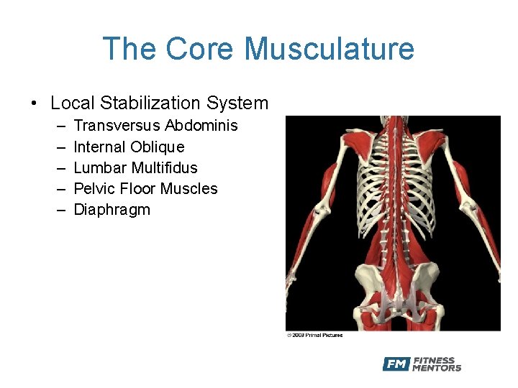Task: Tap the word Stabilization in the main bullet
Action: pyautogui.click(x=152, y=103)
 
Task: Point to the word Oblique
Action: pyautogui.click(x=158, y=147)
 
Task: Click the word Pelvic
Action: pyautogui.click(x=94, y=188)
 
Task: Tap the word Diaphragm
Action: pyautogui.click(x=112, y=210)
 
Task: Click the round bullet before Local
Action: pyautogui.click(x=35, y=104)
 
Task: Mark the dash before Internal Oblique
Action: pyautogui.click(x=58, y=147)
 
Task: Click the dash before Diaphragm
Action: pyautogui.click(x=58, y=210)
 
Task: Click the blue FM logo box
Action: pyautogui.click(x=396, y=364)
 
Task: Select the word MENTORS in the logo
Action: pyautogui.click(x=437, y=369)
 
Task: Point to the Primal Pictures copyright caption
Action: pyautogui.click(x=314, y=335)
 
